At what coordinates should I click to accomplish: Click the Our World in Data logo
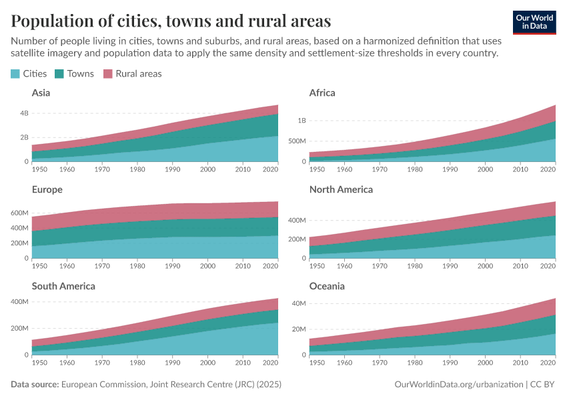(x=534, y=21)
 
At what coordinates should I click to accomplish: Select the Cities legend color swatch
(x=16, y=74)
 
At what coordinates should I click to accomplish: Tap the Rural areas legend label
(x=138, y=74)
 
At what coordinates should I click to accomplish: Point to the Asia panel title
(x=41, y=93)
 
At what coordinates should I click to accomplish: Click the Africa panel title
(x=322, y=93)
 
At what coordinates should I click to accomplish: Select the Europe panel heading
(x=47, y=190)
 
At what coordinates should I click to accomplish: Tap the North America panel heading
(x=341, y=190)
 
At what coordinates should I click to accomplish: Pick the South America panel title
(x=63, y=287)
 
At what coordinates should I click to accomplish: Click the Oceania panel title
(x=326, y=287)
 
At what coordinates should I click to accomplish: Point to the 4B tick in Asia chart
(x=24, y=113)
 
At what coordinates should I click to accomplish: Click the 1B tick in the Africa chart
(x=302, y=121)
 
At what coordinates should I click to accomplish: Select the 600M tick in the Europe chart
(x=20, y=213)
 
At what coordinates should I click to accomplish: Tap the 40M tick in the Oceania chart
(x=300, y=303)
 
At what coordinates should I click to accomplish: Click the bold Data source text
(x=35, y=385)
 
